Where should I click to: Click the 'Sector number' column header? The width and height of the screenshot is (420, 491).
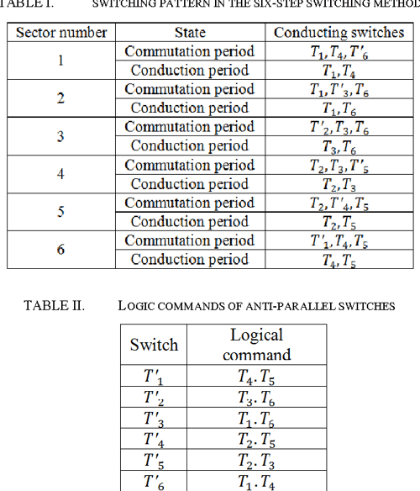click(x=60, y=33)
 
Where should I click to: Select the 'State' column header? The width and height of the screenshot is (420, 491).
click(x=190, y=33)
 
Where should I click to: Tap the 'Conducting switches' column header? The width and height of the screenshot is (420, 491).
click(x=339, y=33)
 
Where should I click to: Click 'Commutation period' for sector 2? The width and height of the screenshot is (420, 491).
click(x=190, y=89)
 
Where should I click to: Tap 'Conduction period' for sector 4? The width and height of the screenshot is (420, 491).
click(x=190, y=183)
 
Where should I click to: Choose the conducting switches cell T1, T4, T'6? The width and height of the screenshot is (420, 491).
click(x=339, y=51)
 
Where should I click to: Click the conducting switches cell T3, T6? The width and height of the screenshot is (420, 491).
click(x=339, y=146)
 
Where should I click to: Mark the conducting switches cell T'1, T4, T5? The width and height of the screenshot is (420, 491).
click(x=339, y=240)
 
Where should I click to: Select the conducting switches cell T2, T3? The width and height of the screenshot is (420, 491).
click(x=339, y=184)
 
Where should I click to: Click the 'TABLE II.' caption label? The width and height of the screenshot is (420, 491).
click(x=54, y=305)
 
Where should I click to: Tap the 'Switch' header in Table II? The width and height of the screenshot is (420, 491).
click(x=154, y=345)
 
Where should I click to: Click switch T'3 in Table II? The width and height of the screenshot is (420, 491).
click(x=154, y=414)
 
